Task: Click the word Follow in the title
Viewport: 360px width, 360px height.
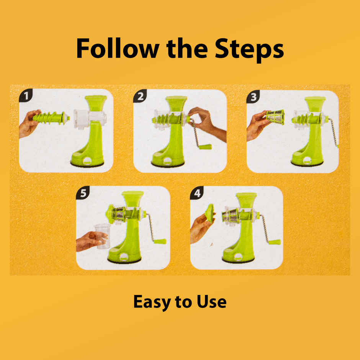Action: click(x=118, y=49)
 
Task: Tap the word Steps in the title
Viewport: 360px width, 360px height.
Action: click(x=249, y=50)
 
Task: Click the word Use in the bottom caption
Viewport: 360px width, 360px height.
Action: click(x=211, y=301)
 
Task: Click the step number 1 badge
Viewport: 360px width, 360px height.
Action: click(x=26, y=95)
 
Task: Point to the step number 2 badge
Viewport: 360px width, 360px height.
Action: click(x=140, y=96)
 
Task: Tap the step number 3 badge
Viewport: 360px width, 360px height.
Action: click(x=253, y=97)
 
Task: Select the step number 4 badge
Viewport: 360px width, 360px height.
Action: click(x=197, y=193)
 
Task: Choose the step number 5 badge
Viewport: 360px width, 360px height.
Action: click(x=83, y=193)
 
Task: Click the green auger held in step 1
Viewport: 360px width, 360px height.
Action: click(x=51, y=118)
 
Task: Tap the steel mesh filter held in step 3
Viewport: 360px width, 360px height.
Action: click(x=275, y=117)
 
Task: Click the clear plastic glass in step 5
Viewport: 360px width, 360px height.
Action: click(x=102, y=236)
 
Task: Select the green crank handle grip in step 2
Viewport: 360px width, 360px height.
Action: click(x=205, y=147)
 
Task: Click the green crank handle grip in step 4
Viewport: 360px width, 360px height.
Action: click(x=274, y=242)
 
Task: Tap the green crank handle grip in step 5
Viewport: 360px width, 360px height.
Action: click(x=160, y=241)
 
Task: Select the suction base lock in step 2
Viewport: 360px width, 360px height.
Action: click(x=168, y=161)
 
